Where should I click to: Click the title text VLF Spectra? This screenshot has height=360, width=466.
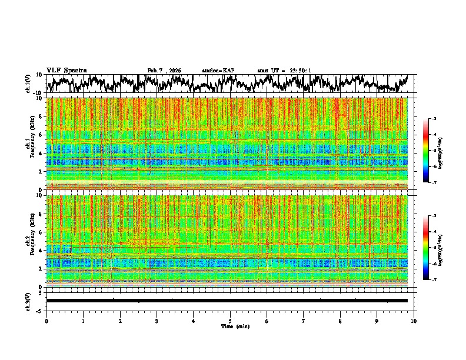coord(66,70)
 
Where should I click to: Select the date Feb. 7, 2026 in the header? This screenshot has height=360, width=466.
coord(164,71)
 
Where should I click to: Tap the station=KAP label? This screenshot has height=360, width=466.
coord(218,71)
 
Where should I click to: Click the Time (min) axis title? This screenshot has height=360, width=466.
coord(230,326)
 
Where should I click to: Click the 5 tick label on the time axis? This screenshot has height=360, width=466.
coord(230,321)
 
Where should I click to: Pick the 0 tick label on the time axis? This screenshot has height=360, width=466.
coord(46,321)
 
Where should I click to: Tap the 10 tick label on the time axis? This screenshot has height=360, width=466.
coord(414,321)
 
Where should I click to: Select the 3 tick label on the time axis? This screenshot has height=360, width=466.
coord(157,321)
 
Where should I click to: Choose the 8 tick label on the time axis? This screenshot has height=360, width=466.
coord(340,321)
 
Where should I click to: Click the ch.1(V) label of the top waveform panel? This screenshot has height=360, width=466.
coord(28,84)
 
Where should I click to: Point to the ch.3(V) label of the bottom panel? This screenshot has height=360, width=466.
coord(28,300)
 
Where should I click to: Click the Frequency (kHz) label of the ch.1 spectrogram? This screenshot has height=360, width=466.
coord(34,144)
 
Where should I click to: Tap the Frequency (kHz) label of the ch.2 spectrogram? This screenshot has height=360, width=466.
coord(34,241)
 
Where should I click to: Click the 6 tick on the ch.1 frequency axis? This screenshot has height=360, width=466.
coord(42,135)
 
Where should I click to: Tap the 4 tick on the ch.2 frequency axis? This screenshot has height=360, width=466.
coord(42,250)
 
